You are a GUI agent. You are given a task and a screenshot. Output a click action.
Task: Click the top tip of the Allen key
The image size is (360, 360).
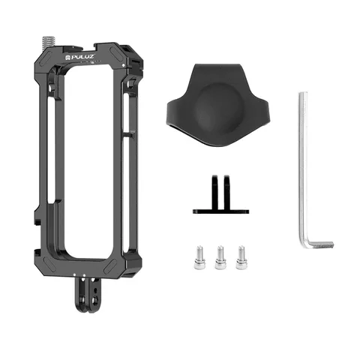coord(303,95)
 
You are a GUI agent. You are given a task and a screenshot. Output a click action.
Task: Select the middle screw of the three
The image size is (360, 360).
coord(220,256)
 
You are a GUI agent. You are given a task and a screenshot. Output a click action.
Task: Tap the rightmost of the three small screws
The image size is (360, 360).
coord(241,256)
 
